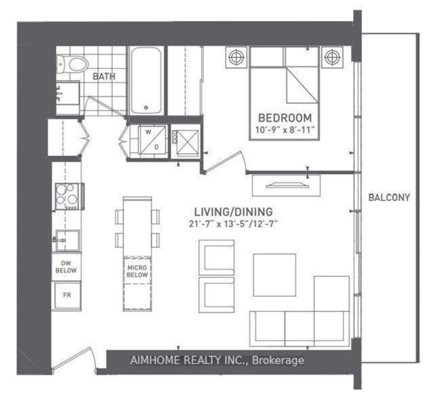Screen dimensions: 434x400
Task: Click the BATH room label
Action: pyautogui.click(x=104, y=76)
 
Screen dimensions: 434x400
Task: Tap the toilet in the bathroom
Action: pyautogui.click(x=73, y=64)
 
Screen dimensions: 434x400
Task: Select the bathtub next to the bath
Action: pyautogui.click(x=146, y=81)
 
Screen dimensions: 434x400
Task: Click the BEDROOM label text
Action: pyautogui.click(x=285, y=118)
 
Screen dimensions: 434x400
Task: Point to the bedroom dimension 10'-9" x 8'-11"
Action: pyautogui.click(x=285, y=129)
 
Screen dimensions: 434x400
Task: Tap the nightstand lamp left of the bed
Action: pyautogui.click(x=236, y=57)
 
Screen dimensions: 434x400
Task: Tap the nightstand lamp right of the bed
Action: pyautogui.click(x=332, y=57)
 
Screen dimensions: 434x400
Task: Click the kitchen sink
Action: pyautogui.click(x=67, y=240)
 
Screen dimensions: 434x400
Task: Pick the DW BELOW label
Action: pyautogui.click(x=66, y=267)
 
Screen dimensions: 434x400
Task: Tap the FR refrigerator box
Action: pyautogui.click(x=67, y=295)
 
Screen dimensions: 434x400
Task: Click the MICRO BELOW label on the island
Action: pyautogui.click(x=137, y=271)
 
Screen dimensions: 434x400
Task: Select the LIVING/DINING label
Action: pyautogui.click(x=233, y=212)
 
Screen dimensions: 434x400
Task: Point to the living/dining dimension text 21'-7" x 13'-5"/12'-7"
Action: pyautogui.click(x=233, y=224)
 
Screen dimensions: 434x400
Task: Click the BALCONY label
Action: pyautogui.click(x=389, y=197)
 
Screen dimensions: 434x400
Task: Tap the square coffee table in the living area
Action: pyautogui.click(x=274, y=275)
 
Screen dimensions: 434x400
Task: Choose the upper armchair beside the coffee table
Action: pyautogui.click(x=217, y=257)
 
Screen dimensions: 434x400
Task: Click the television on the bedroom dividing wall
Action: pyautogui.click(x=286, y=185)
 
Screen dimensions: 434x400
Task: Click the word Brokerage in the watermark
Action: pyautogui.click(x=278, y=360)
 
